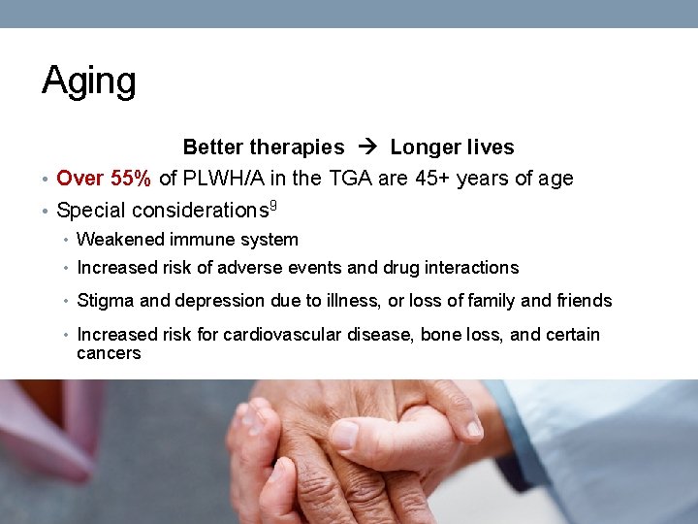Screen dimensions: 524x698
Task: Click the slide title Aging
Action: pyautogui.click(x=88, y=82)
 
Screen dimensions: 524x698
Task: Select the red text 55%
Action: pyautogui.click(x=130, y=179)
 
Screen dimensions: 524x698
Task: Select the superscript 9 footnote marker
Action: pyautogui.click(x=272, y=205)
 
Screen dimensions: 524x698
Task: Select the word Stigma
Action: pyautogui.click(x=105, y=301)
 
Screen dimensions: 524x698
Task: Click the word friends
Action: pyautogui.click(x=584, y=301)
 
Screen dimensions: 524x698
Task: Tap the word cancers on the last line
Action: pyautogui.click(x=109, y=353)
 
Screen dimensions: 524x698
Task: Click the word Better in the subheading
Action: pyautogui.click(x=213, y=147)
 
